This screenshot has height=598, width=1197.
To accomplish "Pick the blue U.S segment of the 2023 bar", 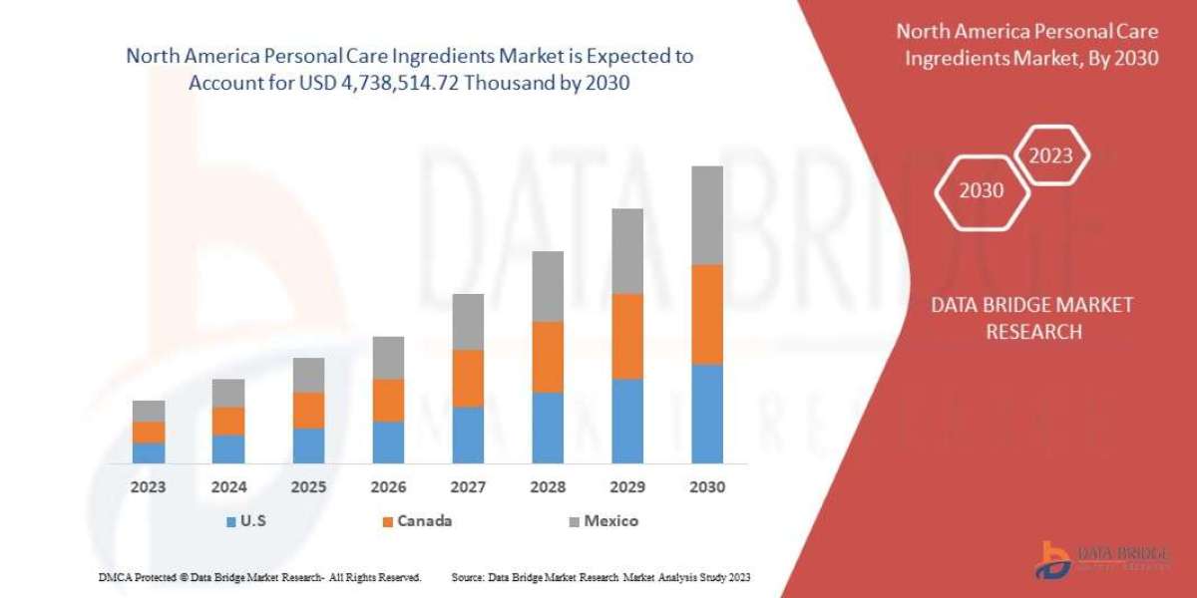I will (149, 452).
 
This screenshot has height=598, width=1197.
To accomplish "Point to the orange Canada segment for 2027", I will (468, 378).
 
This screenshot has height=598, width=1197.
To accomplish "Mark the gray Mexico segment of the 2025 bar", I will (308, 375).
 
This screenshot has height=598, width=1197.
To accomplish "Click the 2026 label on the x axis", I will (388, 487).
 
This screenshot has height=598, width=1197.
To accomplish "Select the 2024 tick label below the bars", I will (228, 487).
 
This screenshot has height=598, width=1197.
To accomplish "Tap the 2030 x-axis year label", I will (707, 487).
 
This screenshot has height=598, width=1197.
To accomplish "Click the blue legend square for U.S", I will (231, 521).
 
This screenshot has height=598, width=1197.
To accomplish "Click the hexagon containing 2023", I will (1050, 155).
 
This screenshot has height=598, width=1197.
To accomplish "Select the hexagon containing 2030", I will (982, 190).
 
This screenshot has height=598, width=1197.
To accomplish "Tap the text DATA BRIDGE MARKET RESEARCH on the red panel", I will (1032, 318).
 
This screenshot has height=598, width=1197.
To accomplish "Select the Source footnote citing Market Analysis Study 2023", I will (600, 577).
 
